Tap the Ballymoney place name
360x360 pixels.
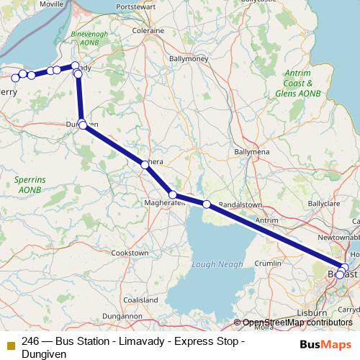(188, 58)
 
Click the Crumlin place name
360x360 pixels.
(268, 264)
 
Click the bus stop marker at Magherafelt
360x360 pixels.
(173, 194)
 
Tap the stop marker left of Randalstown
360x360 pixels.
(207, 204)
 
